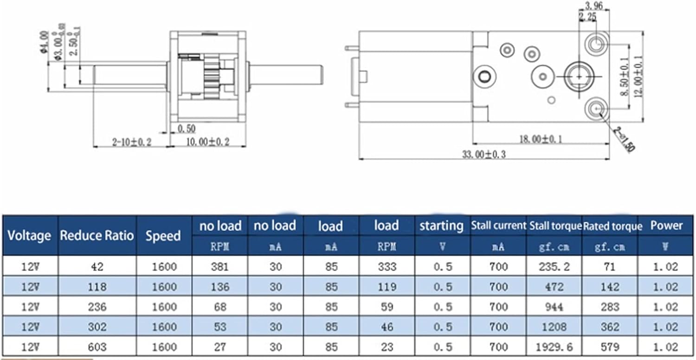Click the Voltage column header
29,235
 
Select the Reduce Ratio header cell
97,235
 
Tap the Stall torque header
554,226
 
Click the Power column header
666,226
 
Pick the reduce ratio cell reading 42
97,267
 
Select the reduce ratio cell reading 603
97,347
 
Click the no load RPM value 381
220,267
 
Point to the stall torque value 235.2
554,267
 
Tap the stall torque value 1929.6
554,347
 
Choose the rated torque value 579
610,347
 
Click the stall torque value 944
554,307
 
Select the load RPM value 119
387,287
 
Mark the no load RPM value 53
220,327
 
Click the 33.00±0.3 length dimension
483,154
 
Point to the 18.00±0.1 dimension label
540,138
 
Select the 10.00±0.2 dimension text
207,142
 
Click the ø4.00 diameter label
45,42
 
